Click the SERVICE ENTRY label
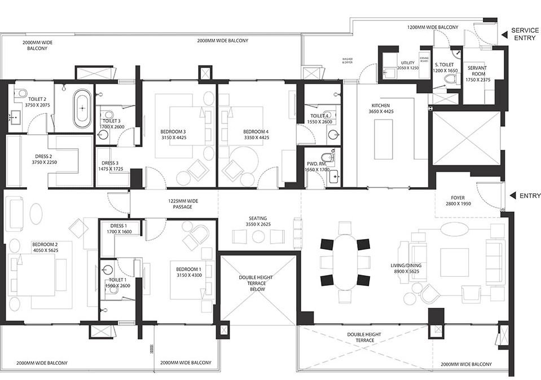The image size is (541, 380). point(525,34)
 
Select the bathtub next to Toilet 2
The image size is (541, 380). point(82,107)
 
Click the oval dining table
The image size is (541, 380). point(345,262)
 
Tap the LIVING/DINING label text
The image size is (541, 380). point(406,264)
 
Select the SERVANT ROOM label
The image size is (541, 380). point(477,71)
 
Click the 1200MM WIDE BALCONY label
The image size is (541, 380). point(432,26)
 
